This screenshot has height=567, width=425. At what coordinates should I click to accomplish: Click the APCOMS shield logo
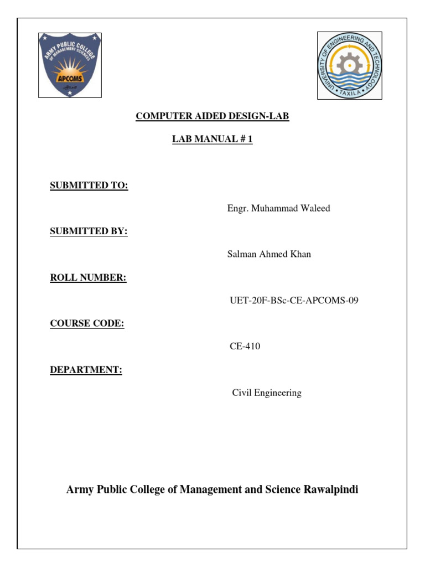pyautogui.click(x=70, y=65)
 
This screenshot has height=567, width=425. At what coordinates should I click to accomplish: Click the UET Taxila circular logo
pyautogui.click(x=349, y=65)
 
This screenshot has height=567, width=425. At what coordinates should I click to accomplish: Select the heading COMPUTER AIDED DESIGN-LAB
pyautogui.click(x=212, y=116)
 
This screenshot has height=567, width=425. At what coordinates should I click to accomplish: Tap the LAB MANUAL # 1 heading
pyautogui.click(x=212, y=139)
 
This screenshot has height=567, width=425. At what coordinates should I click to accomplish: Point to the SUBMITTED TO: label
pyautogui.click(x=89, y=185)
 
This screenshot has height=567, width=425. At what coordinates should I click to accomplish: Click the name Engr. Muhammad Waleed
pyautogui.click(x=278, y=208)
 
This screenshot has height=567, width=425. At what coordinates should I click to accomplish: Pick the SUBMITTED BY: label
pyautogui.click(x=89, y=231)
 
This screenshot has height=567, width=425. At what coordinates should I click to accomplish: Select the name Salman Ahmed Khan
pyautogui.click(x=269, y=254)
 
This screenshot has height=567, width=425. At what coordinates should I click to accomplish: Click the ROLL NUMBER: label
pyautogui.click(x=88, y=277)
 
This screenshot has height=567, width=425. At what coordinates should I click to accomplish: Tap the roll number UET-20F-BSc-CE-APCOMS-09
pyautogui.click(x=291, y=301)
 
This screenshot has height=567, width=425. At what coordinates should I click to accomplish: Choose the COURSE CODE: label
pyautogui.click(x=87, y=323)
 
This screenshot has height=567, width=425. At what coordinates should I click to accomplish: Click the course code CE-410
pyautogui.click(x=245, y=347)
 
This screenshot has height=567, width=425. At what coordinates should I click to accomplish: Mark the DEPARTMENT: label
pyautogui.click(x=86, y=370)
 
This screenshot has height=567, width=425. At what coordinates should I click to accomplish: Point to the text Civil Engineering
pyautogui.click(x=267, y=393)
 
